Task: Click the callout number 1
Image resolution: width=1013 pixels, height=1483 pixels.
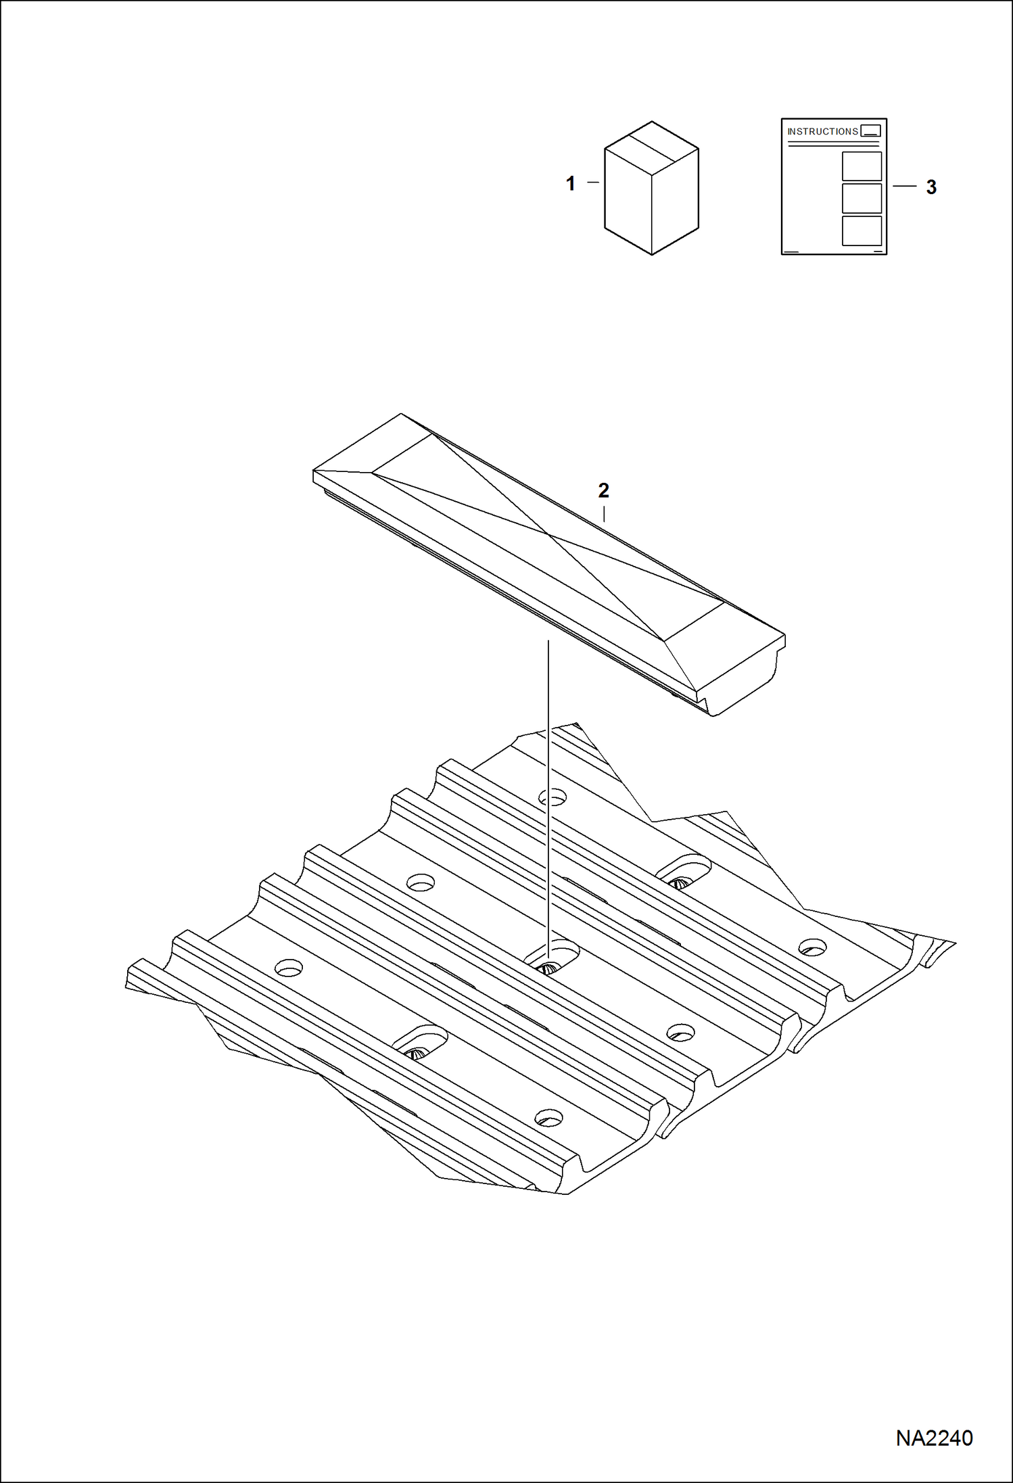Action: (570, 183)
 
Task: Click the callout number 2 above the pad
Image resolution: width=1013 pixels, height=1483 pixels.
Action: (603, 490)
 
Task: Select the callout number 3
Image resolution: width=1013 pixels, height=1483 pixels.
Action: (931, 187)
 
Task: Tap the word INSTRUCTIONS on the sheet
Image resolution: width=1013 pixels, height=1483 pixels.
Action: (822, 131)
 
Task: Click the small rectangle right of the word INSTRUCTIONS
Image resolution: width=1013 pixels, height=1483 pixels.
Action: (871, 131)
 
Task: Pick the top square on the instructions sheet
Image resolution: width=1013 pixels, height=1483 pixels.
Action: (862, 166)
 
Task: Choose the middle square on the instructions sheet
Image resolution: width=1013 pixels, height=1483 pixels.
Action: (862, 199)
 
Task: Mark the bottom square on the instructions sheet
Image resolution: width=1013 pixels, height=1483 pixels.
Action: (862, 231)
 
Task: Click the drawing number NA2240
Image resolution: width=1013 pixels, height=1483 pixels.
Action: (934, 1438)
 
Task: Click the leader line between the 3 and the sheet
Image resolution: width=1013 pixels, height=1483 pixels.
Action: (904, 186)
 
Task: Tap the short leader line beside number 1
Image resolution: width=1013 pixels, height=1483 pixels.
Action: (593, 182)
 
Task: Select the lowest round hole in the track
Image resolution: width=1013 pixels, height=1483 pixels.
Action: (549, 1116)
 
